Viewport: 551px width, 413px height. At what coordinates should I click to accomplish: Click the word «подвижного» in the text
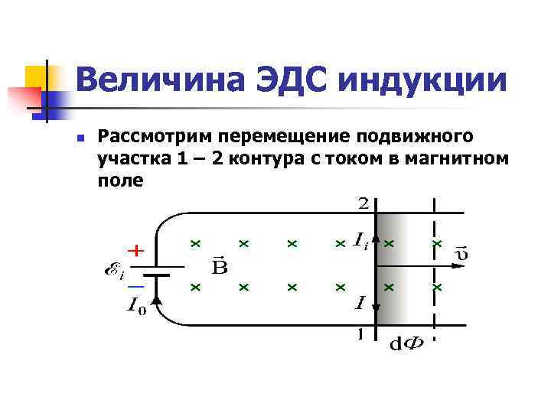(x=416, y=137)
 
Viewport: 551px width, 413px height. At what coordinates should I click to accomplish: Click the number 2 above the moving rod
(x=364, y=203)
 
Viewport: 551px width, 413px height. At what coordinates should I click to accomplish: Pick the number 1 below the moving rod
(x=360, y=334)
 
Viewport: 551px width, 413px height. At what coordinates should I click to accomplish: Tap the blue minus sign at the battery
(x=135, y=285)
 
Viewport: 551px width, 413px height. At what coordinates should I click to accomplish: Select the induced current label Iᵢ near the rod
(x=360, y=240)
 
